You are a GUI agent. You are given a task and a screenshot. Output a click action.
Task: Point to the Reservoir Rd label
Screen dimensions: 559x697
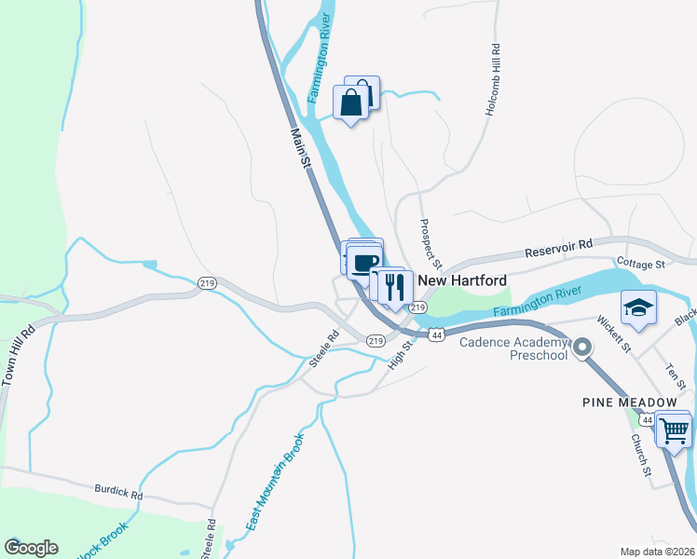[558, 247]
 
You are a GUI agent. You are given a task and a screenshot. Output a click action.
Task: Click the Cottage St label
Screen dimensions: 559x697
[639, 265]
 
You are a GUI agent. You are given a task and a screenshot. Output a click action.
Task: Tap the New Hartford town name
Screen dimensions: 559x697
[462, 280]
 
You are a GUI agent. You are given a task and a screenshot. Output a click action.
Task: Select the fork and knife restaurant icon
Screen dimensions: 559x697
[397, 285]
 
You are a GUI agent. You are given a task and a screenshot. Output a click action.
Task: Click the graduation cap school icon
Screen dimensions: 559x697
[639, 307]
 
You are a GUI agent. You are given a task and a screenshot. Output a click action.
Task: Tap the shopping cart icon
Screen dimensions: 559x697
[673, 430]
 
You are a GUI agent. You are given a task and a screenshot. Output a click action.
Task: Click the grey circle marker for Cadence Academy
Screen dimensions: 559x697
[582, 348]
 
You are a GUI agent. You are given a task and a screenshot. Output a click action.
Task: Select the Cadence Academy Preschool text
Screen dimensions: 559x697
[513, 348]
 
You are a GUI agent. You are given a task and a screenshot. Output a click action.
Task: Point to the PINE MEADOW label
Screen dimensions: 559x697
[629, 402]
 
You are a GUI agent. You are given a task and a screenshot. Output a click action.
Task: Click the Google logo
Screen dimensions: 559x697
[31, 548]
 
